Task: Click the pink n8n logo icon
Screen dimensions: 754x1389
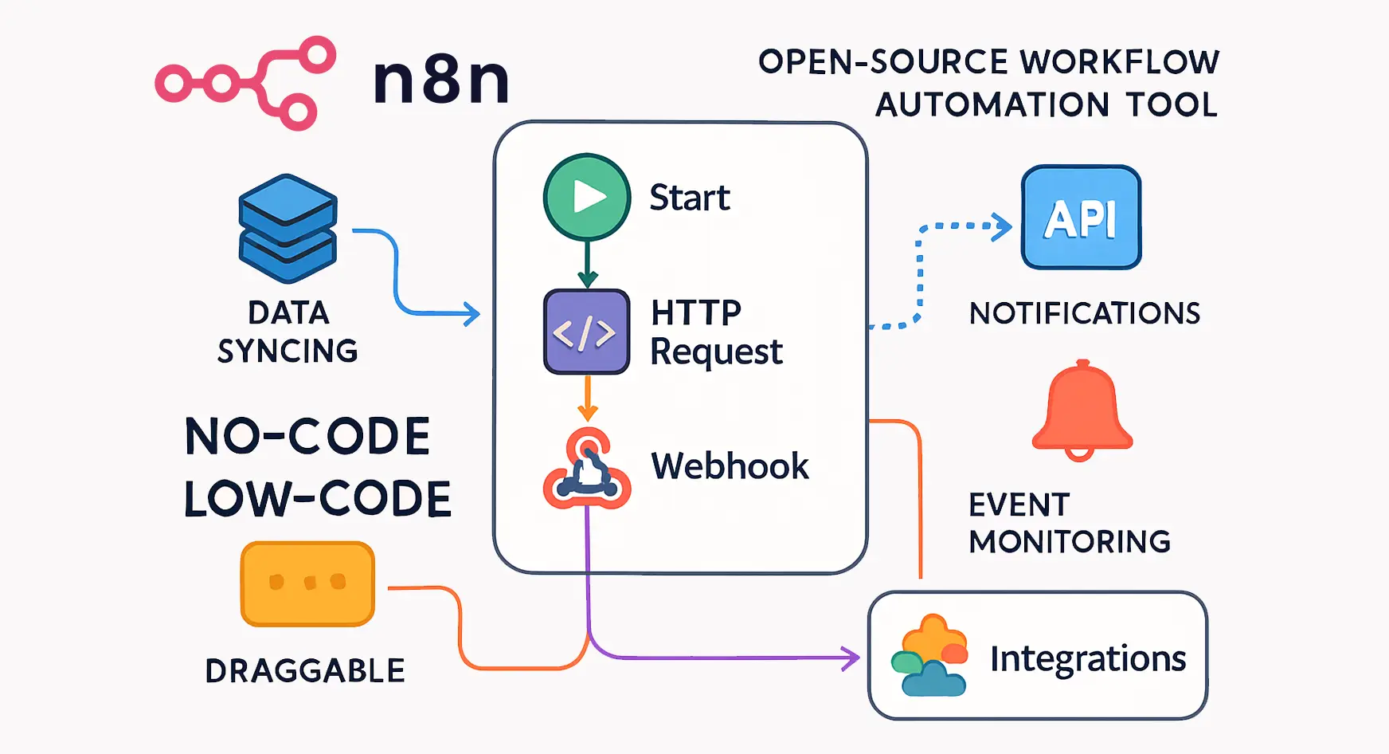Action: pos(245,82)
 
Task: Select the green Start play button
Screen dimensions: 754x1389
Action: pos(587,197)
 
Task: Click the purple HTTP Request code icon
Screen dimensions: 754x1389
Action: pos(586,332)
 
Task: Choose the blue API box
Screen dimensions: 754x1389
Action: pos(1081,218)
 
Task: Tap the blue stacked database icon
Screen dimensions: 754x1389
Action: pos(288,229)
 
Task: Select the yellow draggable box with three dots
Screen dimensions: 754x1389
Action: pos(307,583)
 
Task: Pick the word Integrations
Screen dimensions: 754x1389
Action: pos(1087,658)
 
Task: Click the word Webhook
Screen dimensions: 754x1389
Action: pos(730,466)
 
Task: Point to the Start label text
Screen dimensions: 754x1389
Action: pos(690,198)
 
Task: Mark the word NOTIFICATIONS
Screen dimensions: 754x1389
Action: pos(1084,314)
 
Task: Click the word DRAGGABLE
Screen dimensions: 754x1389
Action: pos(305,671)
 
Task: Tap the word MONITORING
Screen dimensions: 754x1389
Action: pos(1070,542)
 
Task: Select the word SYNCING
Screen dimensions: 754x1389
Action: pos(288,351)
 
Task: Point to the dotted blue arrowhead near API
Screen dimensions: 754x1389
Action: pos(1003,226)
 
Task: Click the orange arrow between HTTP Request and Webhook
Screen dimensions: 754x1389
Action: pos(587,399)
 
